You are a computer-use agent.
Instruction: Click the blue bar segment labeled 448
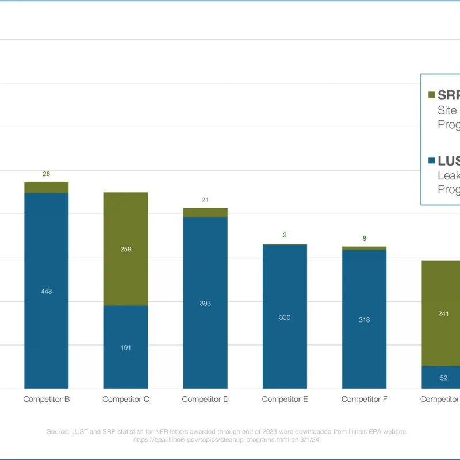point(47,291)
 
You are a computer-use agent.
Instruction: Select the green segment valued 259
point(126,249)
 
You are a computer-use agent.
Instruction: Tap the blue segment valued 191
point(126,347)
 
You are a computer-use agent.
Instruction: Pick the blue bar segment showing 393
point(205,303)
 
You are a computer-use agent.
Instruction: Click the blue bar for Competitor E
point(285,317)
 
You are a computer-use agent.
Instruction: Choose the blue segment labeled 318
point(364,320)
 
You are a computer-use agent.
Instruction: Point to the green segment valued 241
point(443,313)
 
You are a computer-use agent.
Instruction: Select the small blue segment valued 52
point(443,377)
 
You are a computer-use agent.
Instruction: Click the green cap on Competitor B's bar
point(47,187)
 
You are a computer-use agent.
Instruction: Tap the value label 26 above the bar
point(47,174)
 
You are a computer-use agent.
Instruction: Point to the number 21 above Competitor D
point(205,200)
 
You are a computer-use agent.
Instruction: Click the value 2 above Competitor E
point(285,235)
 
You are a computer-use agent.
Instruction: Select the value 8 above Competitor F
point(364,239)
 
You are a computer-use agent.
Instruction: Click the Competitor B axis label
point(47,399)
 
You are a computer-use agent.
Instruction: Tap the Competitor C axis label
point(126,399)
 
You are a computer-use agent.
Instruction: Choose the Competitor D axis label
point(205,399)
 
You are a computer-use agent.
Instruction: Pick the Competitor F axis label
point(364,399)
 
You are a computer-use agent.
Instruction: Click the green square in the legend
point(431,95)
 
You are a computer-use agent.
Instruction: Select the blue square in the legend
point(431,161)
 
